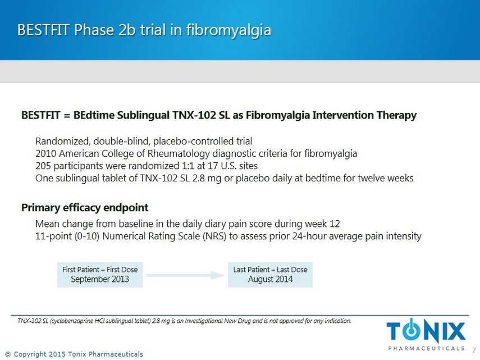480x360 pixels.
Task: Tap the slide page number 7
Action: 474,350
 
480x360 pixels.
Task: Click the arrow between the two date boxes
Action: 186,275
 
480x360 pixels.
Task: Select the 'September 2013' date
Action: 100,279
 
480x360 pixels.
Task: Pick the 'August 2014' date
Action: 270,279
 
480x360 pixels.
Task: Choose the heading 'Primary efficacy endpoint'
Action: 85,208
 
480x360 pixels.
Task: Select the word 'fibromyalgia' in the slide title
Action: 228,30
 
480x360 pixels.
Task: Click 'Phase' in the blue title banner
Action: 94,30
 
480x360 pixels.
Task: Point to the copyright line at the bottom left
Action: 75,354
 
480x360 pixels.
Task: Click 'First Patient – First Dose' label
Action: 100,270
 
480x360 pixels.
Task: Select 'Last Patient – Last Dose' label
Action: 270,270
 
